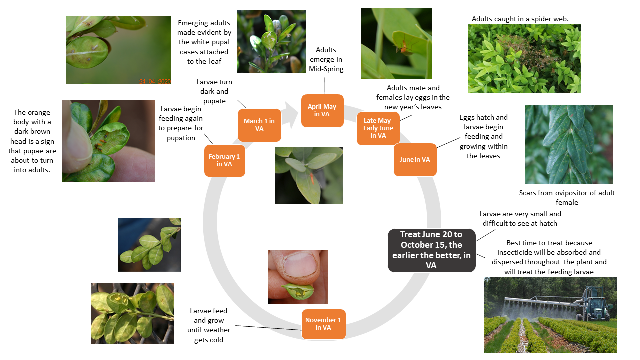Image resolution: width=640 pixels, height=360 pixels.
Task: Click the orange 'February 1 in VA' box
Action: (x=225, y=160)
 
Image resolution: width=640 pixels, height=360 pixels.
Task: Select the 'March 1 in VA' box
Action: (x=259, y=125)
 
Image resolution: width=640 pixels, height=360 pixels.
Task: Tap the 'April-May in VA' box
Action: (x=322, y=110)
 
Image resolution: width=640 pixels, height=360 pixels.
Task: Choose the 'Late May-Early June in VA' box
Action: (x=378, y=128)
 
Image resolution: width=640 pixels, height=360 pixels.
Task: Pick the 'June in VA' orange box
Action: (x=415, y=160)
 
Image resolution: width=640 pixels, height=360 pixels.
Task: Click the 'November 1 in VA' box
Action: (x=323, y=324)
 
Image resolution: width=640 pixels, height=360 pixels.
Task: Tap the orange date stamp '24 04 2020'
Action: (x=155, y=81)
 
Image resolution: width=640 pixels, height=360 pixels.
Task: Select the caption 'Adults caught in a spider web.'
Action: (x=520, y=19)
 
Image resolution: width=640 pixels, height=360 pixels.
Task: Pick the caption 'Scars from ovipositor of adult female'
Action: (x=567, y=197)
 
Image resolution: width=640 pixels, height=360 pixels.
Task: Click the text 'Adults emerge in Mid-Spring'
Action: (x=326, y=59)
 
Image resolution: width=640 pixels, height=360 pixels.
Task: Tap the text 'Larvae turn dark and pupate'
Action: (x=214, y=91)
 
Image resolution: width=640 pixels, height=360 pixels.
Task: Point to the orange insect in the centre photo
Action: (x=311, y=176)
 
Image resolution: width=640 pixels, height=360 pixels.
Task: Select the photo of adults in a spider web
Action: (x=524, y=58)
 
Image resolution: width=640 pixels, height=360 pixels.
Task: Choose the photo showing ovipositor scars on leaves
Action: (x=569, y=145)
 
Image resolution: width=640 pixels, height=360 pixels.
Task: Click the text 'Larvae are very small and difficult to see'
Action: (x=520, y=218)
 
